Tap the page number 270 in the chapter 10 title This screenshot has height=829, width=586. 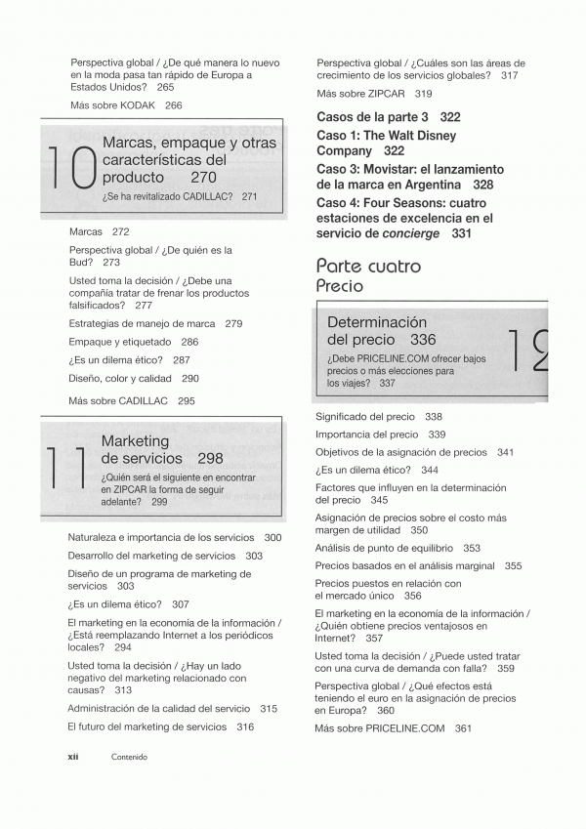tap(204, 178)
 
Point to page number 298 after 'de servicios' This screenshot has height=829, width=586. tap(210, 457)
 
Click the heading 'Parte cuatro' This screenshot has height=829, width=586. tap(368, 266)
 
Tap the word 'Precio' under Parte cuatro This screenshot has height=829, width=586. tap(339, 286)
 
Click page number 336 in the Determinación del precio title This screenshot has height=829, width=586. tap(423, 340)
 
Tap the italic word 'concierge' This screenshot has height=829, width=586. tap(420, 234)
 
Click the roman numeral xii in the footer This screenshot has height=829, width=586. tap(73, 756)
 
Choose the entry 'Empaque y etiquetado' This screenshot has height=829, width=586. tap(120, 342)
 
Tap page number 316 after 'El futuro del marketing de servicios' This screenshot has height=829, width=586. tap(245, 726)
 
